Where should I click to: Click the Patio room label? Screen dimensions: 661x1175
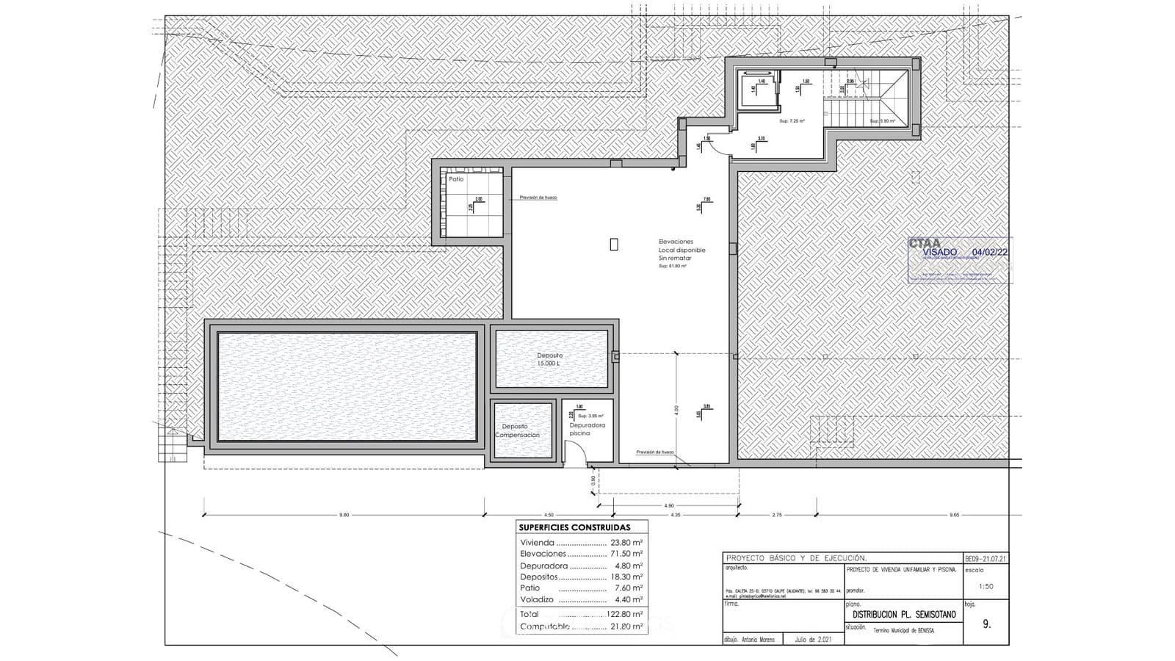click(x=456, y=179)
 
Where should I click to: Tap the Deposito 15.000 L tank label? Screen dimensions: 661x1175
click(x=549, y=359)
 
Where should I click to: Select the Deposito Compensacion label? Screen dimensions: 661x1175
click(x=517, y=430)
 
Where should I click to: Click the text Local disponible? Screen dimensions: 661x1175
click(x=681, y=250)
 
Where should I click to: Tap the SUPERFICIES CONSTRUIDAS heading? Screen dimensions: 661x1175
click(x=574, y=527)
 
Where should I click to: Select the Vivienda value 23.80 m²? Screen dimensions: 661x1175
click(x=626, y=543)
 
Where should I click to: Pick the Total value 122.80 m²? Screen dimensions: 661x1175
click(x=624, y=614)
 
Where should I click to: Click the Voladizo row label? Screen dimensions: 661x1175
click(x=536, y=599)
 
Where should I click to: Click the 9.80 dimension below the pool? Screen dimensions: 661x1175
click(x=344, y=515)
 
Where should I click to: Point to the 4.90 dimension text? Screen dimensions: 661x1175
click(x=668, y=506)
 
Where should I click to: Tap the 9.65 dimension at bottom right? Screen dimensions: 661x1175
click(x=954, y=515)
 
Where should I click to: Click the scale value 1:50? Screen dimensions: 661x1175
click(x=986, y=586)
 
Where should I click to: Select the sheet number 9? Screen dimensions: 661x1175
click(x=986, y=624)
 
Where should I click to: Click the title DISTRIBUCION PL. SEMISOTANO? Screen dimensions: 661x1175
click(x=904, y=615)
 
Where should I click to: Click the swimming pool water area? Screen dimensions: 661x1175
click(x=347, y=387)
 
